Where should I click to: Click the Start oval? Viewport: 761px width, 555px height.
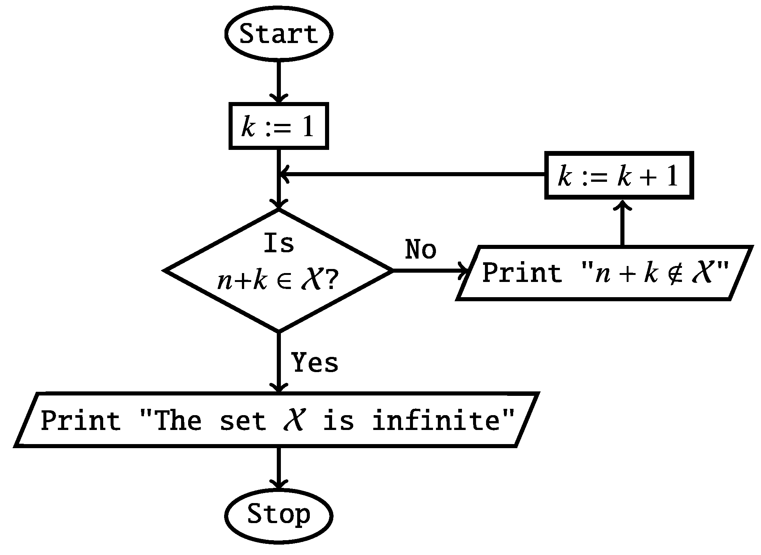pyautogui.click(x=278, y=34)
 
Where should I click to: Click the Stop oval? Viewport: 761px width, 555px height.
pyautogui.click(x=278, y=515)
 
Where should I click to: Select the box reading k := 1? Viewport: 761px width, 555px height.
pyautogui.click(x=279, y=126)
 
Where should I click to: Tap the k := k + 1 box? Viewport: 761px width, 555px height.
pyautogui.click(x=619, y=175)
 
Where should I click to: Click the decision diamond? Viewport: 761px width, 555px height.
pyautogui.click(x=278, y=270)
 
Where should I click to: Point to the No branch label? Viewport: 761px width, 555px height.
pyautogui.click(x=421, y=249)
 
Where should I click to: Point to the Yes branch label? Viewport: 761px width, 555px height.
pyautogui.click(x=315, y=362)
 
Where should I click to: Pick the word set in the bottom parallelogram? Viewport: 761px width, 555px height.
pyautogui.click(x=243, y=421)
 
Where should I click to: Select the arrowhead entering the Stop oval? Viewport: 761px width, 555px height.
pyautogui.click(x=279, y=485)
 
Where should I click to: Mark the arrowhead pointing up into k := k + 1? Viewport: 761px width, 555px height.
pyautogui.click(x=622, y=205)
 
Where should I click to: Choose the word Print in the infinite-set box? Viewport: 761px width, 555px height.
pyautogui.click(x=81, y=421)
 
